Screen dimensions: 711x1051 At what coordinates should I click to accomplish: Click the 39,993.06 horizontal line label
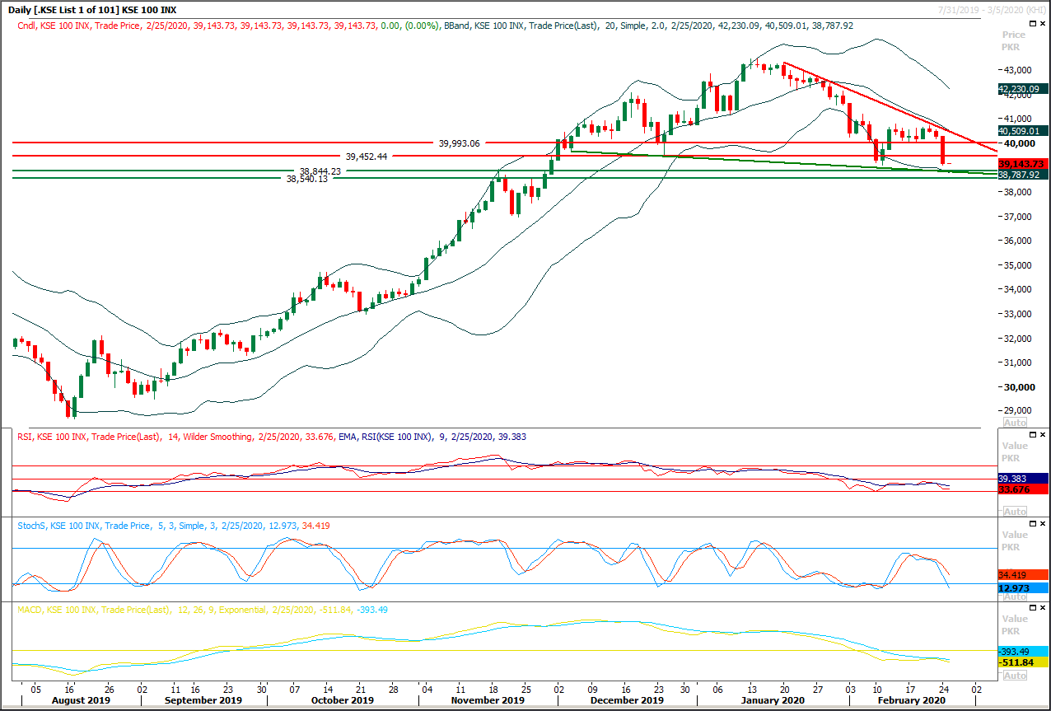[459, 143]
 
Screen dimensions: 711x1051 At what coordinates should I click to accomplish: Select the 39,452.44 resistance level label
[367, 156]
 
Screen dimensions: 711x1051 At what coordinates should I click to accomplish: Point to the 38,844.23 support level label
[320, 171]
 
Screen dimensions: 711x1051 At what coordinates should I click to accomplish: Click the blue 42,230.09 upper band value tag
[1022, 89]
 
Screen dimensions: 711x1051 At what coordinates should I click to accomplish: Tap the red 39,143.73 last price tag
[1022, 164]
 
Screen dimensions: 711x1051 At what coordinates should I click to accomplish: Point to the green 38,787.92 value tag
[1022, 175]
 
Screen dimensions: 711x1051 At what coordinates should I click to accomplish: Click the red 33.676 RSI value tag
[1015, 489]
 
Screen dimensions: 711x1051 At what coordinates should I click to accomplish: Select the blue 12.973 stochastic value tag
[1015, 588]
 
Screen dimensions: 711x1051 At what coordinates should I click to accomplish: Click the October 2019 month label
[343, 700]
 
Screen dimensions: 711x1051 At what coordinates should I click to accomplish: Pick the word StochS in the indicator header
[31, 525]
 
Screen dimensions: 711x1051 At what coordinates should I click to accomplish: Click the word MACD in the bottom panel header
[30, 610]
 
